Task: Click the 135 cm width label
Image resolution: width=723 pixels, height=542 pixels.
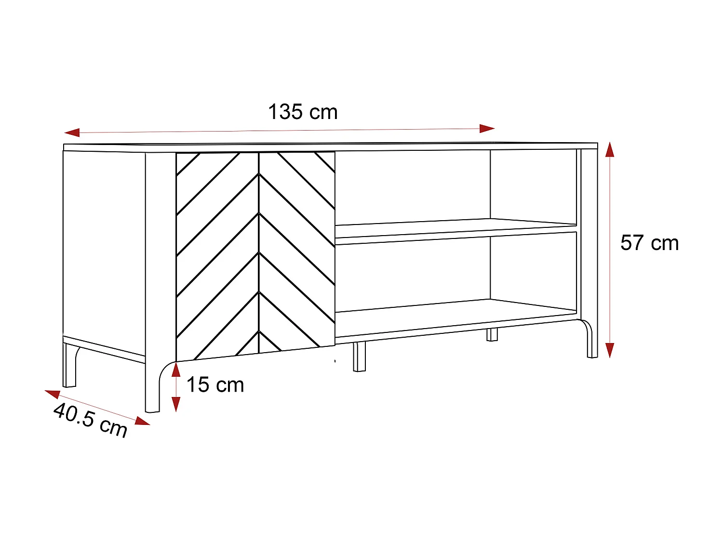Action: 303,112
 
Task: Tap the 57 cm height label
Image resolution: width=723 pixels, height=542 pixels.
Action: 649,243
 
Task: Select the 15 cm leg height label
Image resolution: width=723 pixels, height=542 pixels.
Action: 215,385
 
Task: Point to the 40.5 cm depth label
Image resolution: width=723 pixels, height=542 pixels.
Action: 91,420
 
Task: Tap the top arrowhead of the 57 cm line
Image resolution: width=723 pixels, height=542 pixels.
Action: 610,150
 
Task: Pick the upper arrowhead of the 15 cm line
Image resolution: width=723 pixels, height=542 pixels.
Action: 176,370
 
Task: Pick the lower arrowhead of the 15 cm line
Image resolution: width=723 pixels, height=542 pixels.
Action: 176,404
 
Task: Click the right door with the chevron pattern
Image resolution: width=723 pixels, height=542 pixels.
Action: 297,251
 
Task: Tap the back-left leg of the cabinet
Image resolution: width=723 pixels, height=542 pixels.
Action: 70,366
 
